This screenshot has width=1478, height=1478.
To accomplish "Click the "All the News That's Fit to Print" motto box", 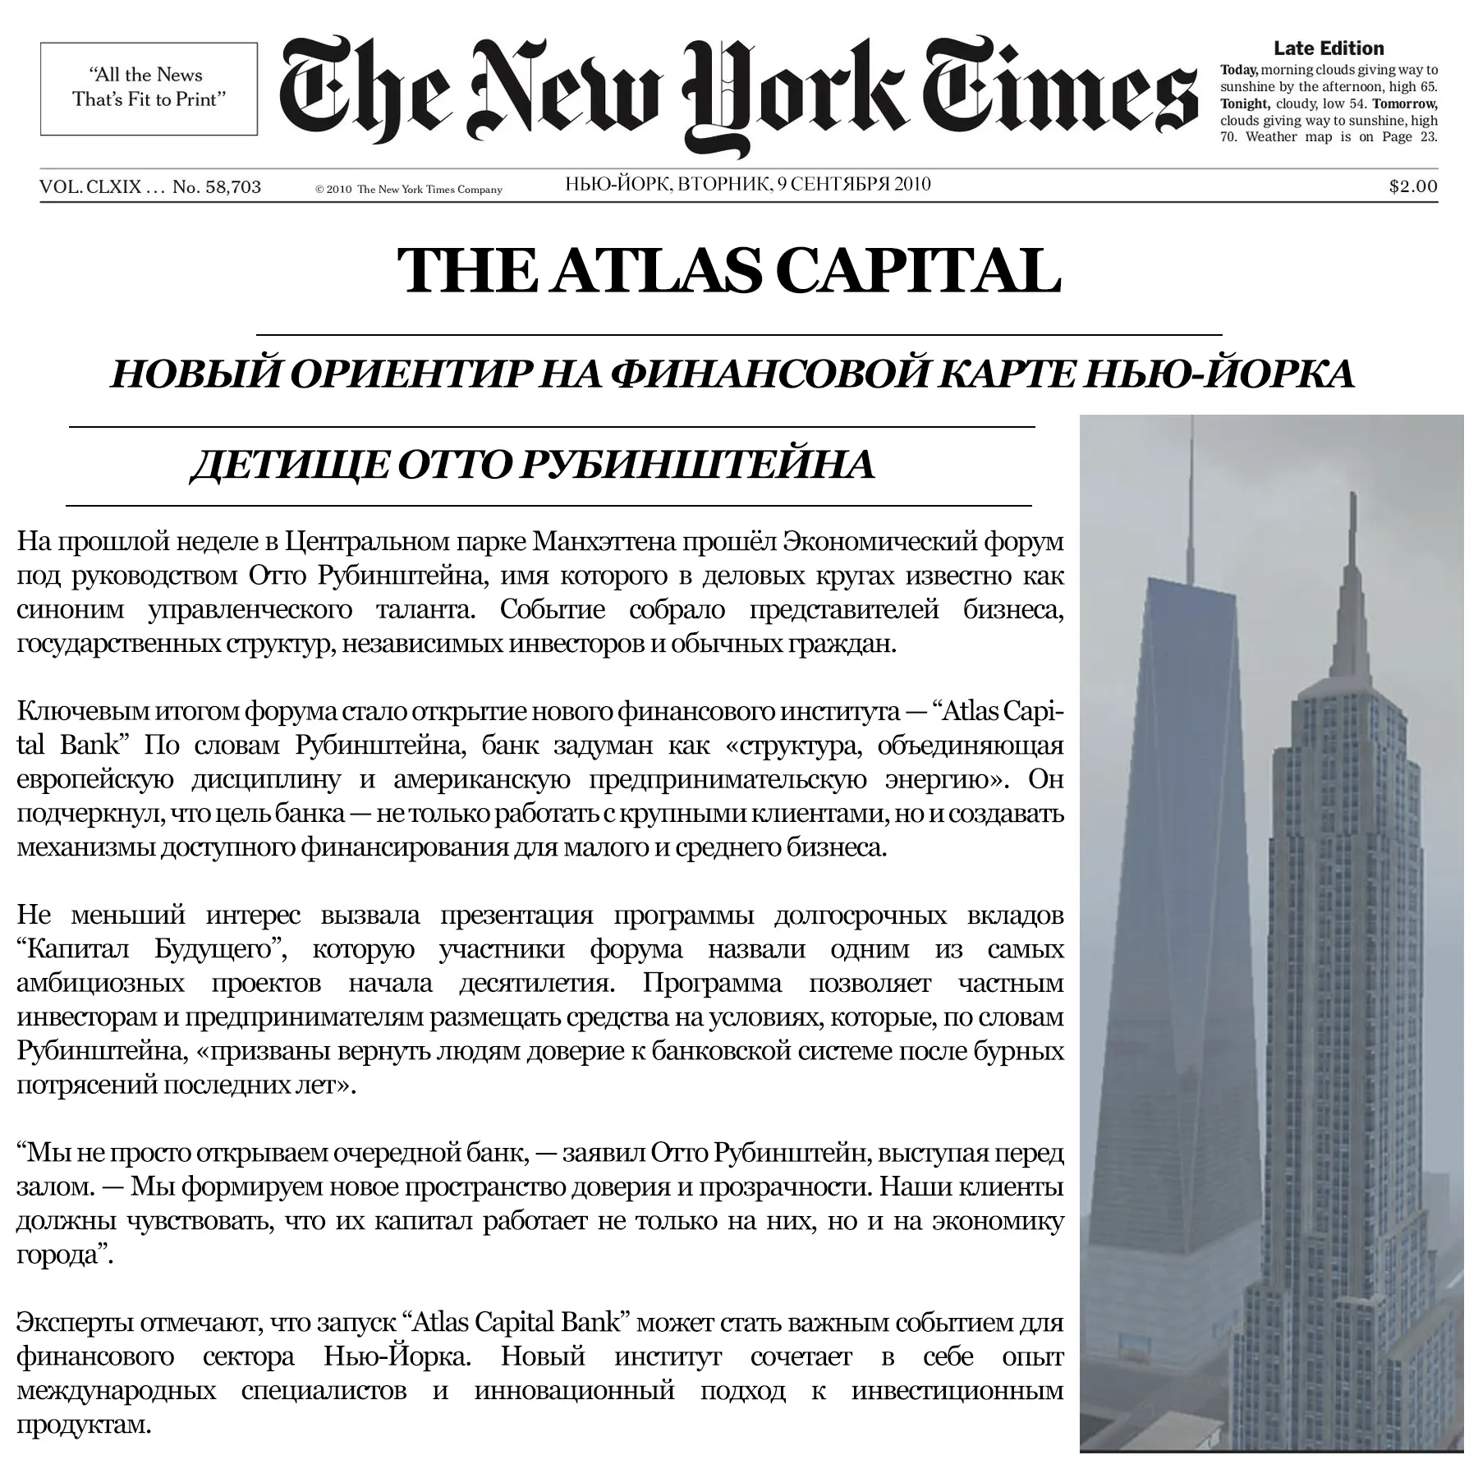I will tap(149, 88).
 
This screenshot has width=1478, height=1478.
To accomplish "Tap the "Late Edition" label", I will tap(1329, 48).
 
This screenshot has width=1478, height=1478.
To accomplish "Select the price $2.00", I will tap(1413, 186).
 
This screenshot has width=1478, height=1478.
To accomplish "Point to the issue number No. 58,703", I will tap(217, 187).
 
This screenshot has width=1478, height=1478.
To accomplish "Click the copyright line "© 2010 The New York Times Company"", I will tap(408, 190).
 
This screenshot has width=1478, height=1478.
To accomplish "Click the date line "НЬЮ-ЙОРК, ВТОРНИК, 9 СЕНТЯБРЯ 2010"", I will tap(748, 184).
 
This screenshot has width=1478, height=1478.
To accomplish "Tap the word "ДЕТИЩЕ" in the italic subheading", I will tap(288, 465).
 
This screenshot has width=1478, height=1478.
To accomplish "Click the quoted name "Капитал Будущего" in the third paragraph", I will tap(152, 949).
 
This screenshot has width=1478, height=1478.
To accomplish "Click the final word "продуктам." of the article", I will tap(84, 1425).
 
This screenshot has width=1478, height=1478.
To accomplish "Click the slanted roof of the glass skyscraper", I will tap(1191, 590).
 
